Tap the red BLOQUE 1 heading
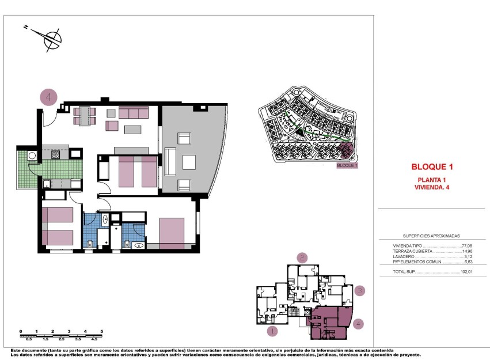click(x=432, y=168)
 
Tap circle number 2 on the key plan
click(x=302, y=258)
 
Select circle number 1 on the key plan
click(x=273, y=331)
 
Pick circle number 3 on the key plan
click(x=359, y=290)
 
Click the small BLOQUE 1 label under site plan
click(x=347, y=165)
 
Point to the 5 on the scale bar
click(x=101, y=331)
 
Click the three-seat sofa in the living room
click(x=134, y=112)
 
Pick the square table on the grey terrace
click(x=189, y=162)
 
